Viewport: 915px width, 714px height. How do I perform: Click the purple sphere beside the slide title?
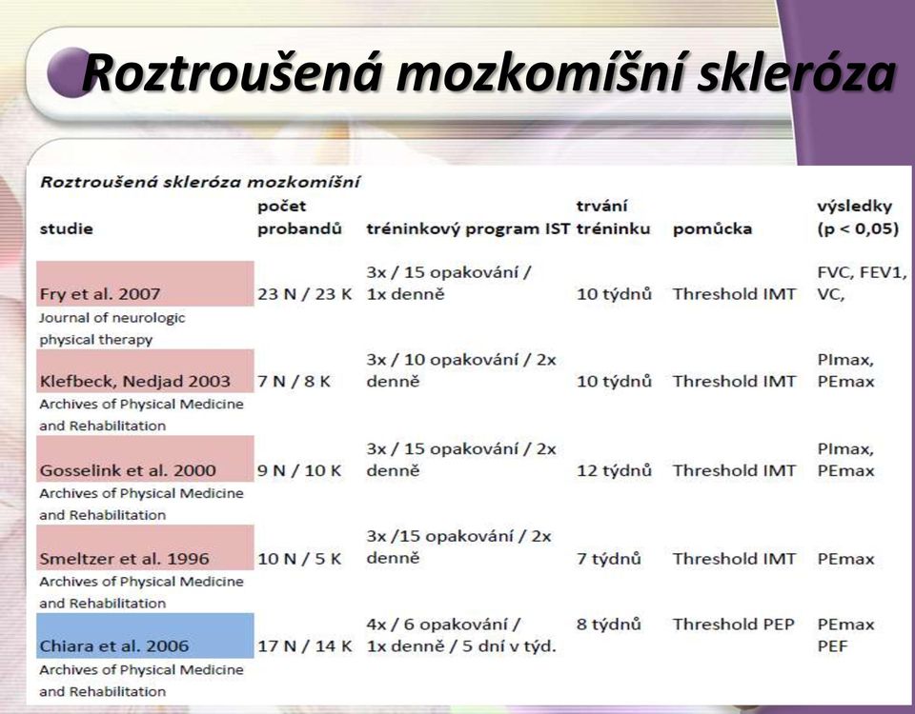click(70, 72)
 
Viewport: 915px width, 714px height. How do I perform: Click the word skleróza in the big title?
click(796, 73)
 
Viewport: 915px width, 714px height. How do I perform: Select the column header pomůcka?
click(712, 229)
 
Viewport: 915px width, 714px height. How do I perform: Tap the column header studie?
click(66, 228)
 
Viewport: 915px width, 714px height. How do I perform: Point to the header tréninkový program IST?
click(468, 229)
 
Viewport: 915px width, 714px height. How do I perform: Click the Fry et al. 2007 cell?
click(145, 284)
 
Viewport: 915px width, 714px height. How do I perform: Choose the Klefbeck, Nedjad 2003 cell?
click(145, 371)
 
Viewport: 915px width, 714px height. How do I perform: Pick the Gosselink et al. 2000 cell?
click(145, 459)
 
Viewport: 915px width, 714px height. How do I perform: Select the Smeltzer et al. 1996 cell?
click(145, 548)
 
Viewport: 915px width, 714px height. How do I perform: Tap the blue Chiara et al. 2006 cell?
click(145, 636)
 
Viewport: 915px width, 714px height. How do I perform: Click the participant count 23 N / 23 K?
click(305, 294)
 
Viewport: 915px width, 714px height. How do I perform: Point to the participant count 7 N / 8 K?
click(295, 382)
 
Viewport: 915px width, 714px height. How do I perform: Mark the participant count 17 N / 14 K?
click(305, 646)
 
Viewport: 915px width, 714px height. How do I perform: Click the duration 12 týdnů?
click(614, 470)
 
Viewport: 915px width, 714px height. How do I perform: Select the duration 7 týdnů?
click(609, 559)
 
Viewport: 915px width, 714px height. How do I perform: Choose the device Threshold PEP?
click(734, 625)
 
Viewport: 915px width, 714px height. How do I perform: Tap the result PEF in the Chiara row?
click(832, 646)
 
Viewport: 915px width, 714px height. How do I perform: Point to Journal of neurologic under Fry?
click(112, 318)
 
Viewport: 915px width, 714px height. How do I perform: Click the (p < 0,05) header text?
click(858, 229)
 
